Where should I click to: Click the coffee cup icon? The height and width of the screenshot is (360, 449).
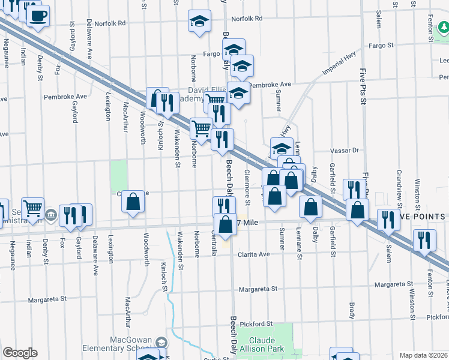(38, 16)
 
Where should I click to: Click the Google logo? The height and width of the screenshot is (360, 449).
(20, 353)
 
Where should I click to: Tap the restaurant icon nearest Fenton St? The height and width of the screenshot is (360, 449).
(424, 241)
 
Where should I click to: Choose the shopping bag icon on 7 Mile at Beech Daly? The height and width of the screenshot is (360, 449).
(225, 226)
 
